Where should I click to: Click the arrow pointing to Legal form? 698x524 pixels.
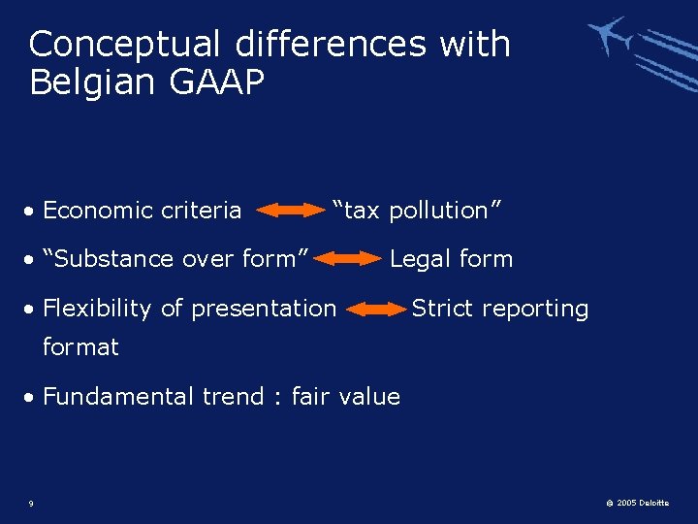point(350,259)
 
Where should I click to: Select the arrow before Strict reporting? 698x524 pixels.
point(377,310)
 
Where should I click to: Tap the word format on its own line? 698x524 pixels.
point(80,346)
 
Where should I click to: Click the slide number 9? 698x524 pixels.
point(32,503)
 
